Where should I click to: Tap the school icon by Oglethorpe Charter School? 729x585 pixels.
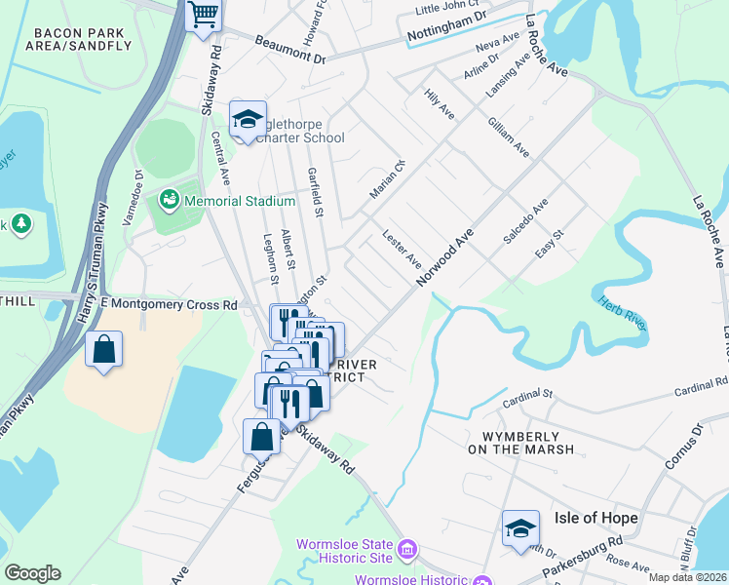(x=248, y=121)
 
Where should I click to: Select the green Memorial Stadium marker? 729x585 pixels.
(x=171, y=200)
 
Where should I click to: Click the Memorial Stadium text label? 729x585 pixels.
(x=239, y=201)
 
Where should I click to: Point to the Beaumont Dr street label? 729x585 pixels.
(x=290, y=51)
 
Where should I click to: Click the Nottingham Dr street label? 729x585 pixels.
(x=448, y=28)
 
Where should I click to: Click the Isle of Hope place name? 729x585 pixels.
(x=595, y=518)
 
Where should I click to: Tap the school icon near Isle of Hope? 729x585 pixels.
(x=520, y=527)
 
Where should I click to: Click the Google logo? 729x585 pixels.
(x=32, y=572)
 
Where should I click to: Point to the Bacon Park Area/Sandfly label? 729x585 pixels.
(x=82, y=39)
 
